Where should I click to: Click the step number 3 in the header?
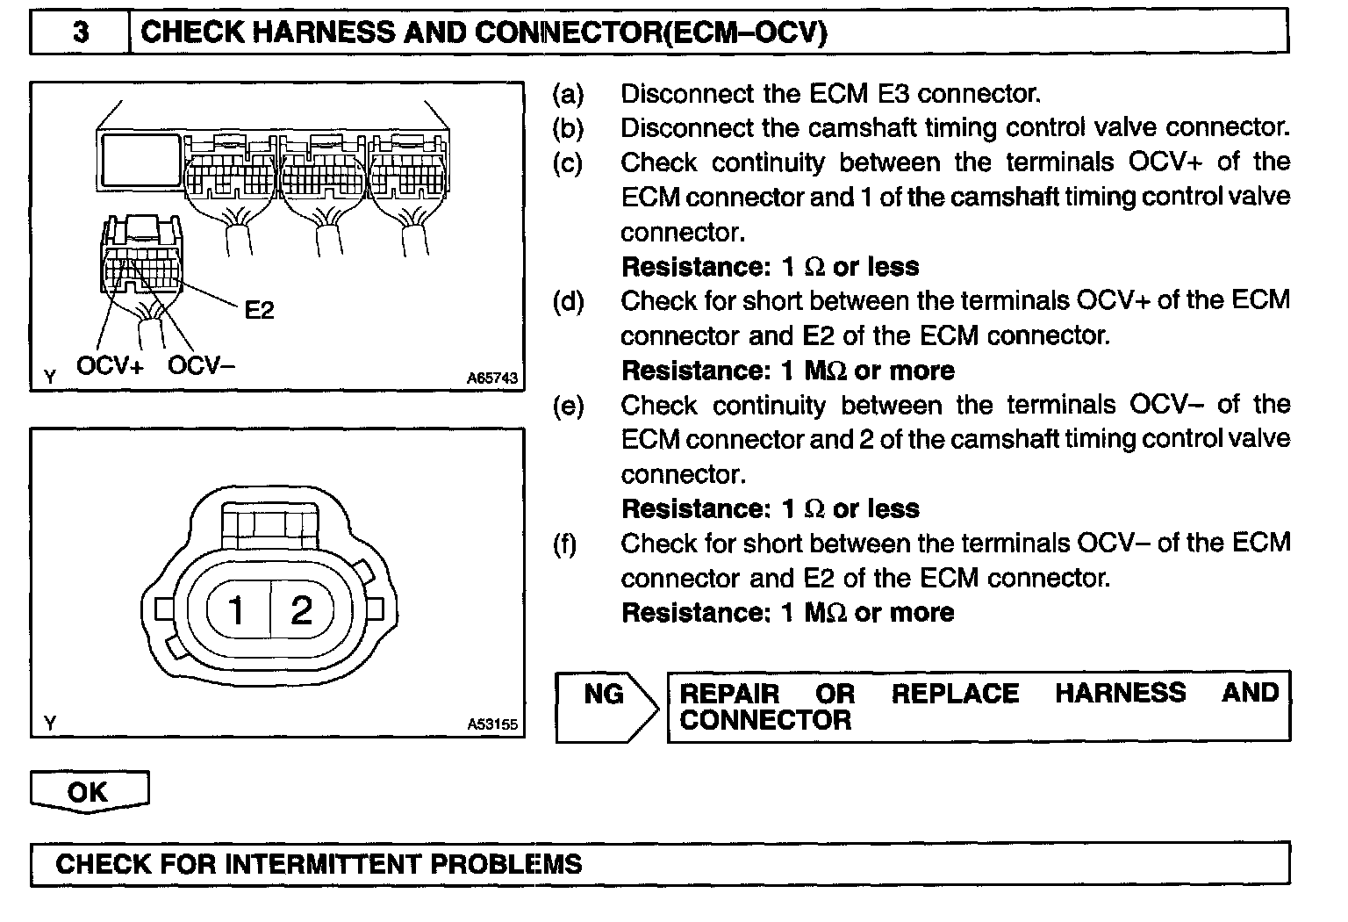coord(80,33)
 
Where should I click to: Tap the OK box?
coord(89,792)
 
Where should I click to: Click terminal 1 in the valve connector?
coord(237,609)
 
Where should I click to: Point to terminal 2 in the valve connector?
coord(301,609)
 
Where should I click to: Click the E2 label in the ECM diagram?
coord(259,309)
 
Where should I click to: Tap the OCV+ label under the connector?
coord(110,365)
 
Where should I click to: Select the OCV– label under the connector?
coord(201,365)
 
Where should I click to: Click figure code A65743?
coord(492,378)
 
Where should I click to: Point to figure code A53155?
coord(492,724)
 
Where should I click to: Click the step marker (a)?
coord(568,93)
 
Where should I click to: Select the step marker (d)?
coord(568,301)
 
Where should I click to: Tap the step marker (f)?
coord(566,544)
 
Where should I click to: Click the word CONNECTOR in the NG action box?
coord(765,721)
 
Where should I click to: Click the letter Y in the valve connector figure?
coord(50,724)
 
